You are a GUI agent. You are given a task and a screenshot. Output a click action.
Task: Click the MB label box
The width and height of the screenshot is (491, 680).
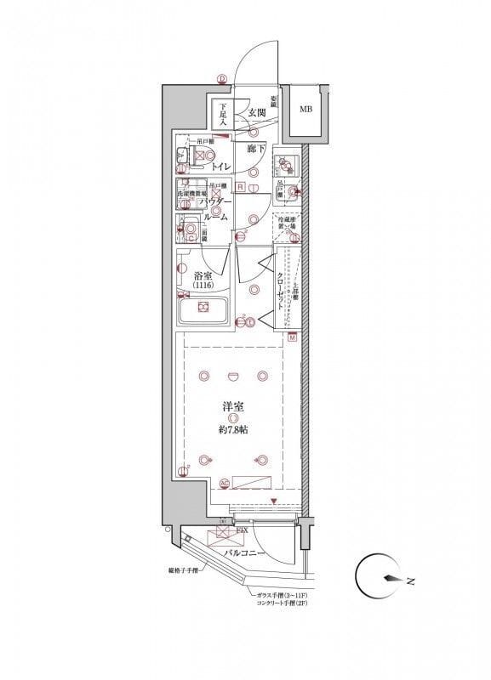click(305, 109)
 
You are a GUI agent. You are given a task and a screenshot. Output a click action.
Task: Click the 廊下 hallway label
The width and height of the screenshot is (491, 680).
click(256, 149)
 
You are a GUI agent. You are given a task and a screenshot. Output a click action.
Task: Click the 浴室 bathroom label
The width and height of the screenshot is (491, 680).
click(202, 275)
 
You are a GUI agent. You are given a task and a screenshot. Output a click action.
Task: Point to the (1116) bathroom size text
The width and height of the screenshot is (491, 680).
click(202, 287)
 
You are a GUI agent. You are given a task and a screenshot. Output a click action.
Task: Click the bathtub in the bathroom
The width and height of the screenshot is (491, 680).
click(204, 309)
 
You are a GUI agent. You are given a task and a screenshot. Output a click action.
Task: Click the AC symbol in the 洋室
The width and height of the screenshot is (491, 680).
click(225, 484)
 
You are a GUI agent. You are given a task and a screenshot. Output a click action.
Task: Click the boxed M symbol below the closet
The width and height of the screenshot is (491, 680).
click(292, 338)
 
